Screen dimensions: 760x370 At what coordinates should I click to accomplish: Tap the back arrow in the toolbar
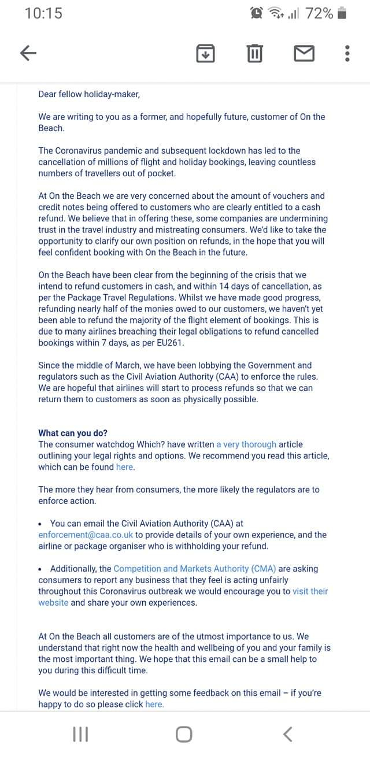[28, 54]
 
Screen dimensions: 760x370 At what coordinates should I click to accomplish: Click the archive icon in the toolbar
[205, 54]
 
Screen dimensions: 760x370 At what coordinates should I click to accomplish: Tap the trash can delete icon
[254, 54]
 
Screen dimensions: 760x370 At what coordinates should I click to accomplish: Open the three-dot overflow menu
[347, 54]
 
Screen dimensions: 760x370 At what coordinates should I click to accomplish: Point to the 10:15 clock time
[44, 13]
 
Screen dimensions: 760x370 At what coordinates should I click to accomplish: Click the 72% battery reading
[319, 13]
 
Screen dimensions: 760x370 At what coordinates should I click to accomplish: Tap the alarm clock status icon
[256, 13]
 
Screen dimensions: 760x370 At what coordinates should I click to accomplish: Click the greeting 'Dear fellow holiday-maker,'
[89, 94]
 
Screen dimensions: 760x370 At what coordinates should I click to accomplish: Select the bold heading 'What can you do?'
[73, 433]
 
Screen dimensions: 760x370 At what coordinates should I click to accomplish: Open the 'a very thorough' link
[246, 444]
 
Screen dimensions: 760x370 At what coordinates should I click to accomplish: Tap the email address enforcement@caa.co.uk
[86, 535]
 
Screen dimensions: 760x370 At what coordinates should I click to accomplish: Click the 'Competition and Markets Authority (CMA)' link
[195, 569]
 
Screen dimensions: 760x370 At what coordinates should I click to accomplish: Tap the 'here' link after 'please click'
[154, 704]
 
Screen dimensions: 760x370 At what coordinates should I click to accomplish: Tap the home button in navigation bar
[184, 735]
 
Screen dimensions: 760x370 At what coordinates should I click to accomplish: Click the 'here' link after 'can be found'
[124, 467]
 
